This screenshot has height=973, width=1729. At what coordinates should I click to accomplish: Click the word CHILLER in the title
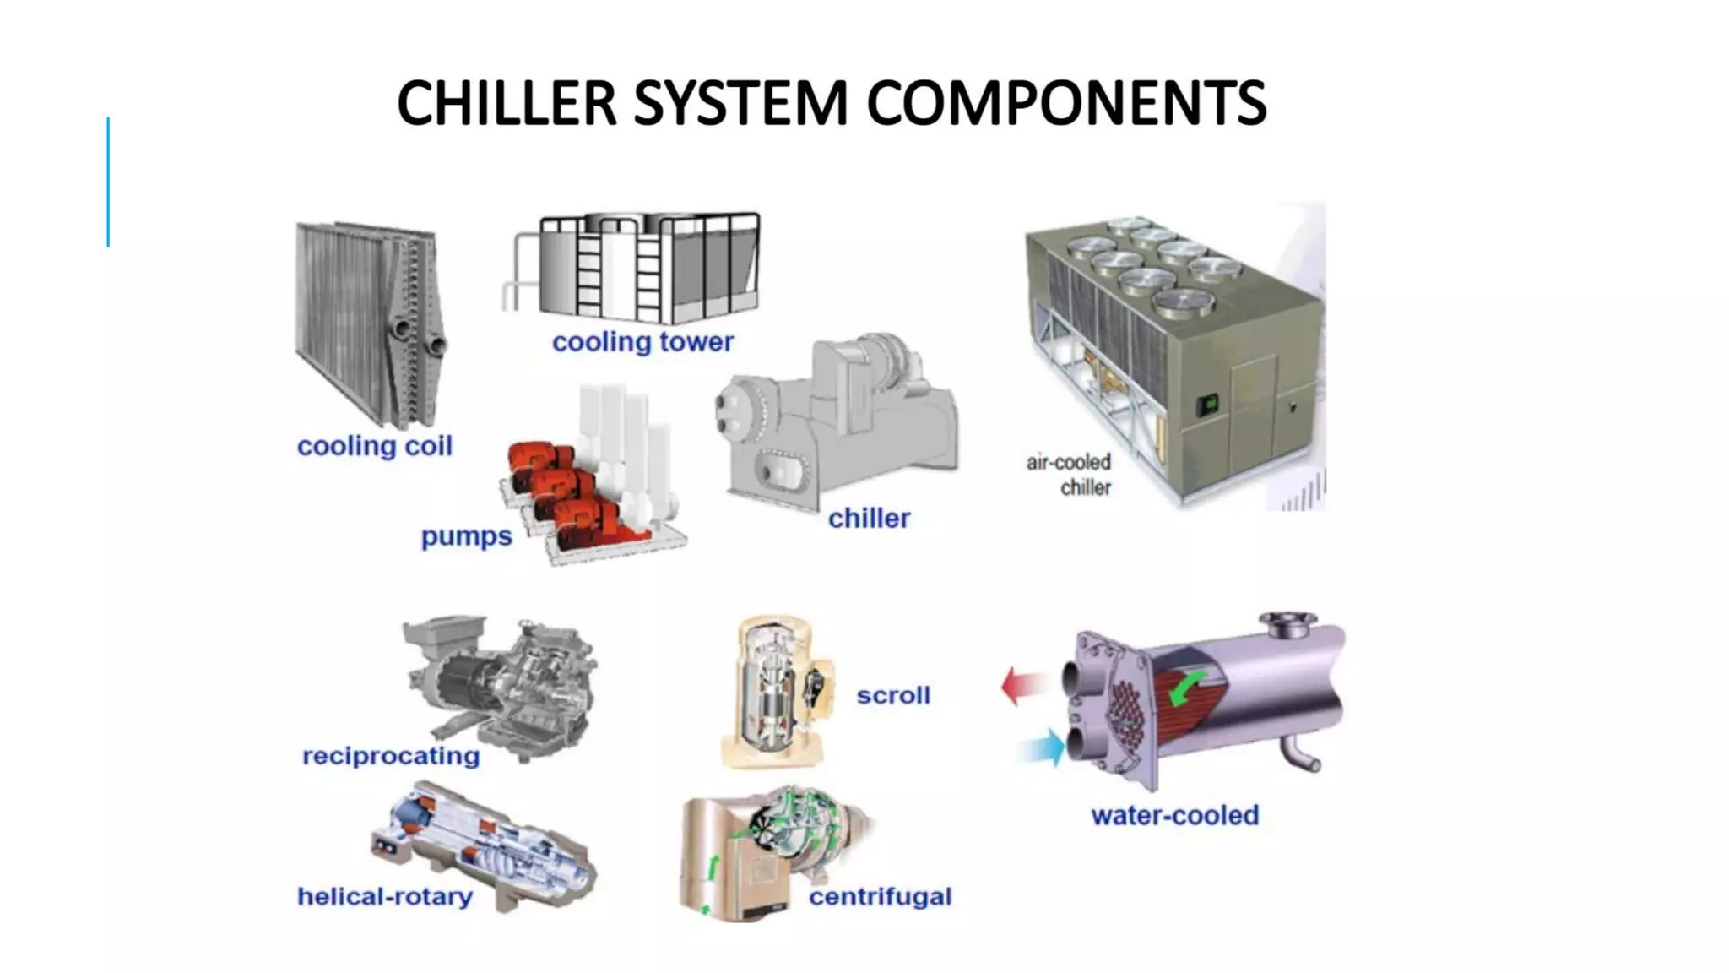click(507, 103)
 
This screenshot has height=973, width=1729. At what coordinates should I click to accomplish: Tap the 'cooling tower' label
click(642, 342)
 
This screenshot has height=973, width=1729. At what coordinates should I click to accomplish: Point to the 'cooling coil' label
click(374, 446)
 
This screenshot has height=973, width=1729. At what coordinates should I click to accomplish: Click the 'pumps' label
click(466, 536)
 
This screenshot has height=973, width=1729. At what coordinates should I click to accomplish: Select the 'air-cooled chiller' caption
click(1070, 475)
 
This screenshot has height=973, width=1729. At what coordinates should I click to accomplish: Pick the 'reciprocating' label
click(391, 755)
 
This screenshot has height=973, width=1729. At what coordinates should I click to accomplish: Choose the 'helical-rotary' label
click(385, 896)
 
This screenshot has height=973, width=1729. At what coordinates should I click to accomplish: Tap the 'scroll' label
click(893, 695)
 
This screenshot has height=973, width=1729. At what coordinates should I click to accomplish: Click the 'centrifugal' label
click(880, 896)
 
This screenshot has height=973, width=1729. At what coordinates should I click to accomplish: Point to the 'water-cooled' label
click(1174, 815)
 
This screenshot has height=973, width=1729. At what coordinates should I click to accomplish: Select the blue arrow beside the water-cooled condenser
click(1042, 747)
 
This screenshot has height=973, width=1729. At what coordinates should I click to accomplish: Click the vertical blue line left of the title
click(108, 182)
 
